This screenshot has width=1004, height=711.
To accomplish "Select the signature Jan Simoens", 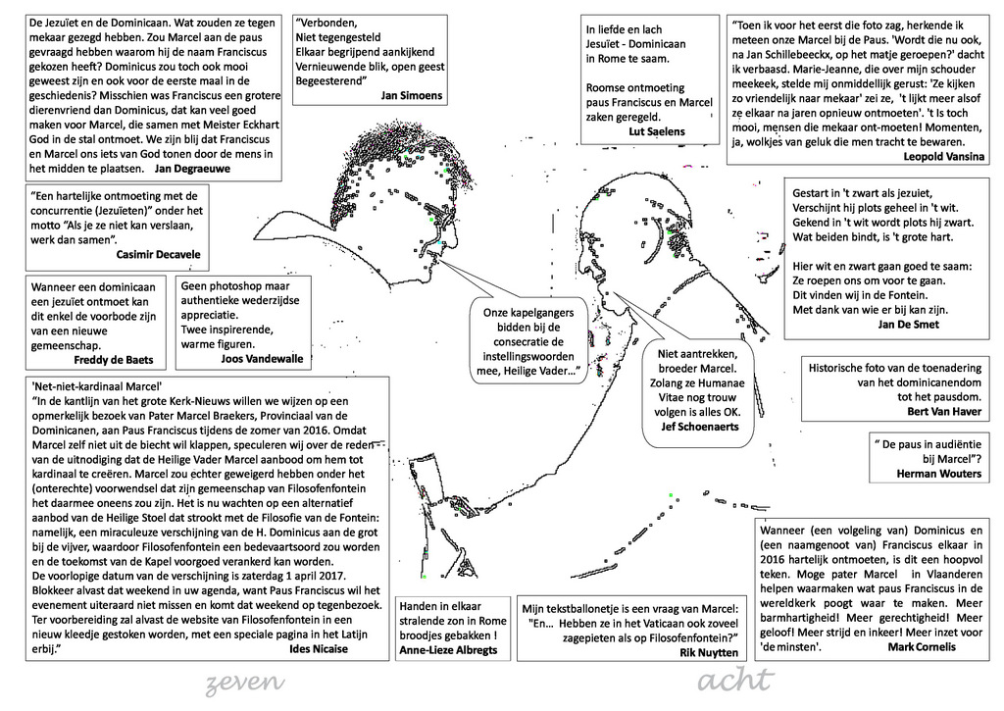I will (x=412, y=95).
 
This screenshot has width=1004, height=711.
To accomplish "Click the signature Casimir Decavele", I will (x=158, y=254).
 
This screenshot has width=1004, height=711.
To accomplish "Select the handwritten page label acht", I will (x=735, y=681).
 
